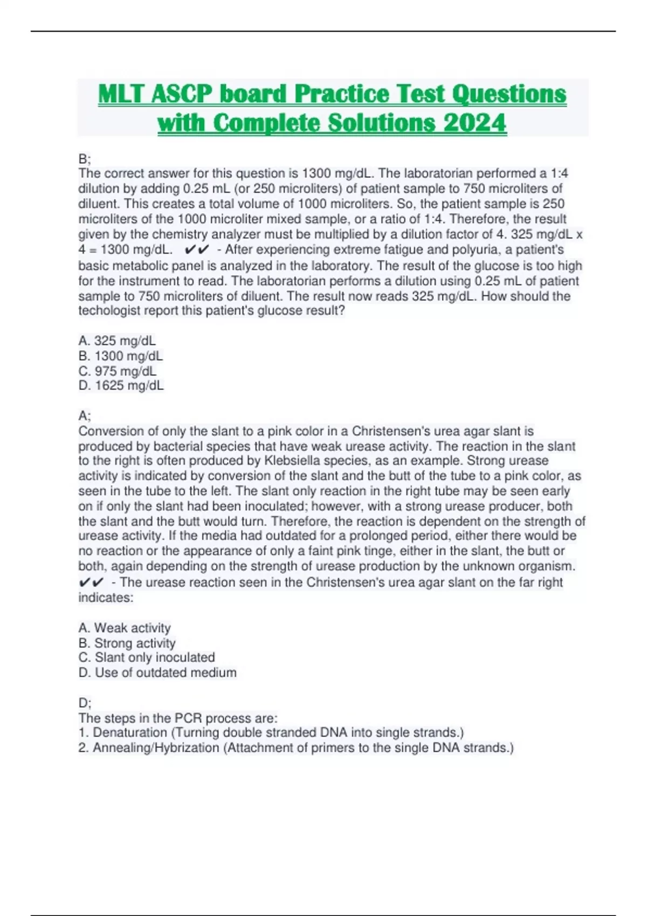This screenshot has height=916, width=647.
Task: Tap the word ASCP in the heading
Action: point(182,94)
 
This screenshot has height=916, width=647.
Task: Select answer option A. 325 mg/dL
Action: point(117,341)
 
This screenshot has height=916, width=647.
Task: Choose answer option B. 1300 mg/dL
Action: point(120,356)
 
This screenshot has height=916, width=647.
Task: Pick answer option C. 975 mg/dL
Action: point(118,371)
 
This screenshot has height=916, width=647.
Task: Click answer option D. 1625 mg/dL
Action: point(121,385)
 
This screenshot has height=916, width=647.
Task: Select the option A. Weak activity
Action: point(125,628)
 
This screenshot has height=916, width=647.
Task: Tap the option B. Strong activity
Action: point(127,643)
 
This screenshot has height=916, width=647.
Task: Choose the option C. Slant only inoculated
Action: point(147,657)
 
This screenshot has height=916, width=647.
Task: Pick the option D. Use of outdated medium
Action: point(157,672)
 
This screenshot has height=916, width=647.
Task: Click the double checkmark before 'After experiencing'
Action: point(196,249)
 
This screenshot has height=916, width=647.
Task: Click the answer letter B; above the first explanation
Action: point(85,159)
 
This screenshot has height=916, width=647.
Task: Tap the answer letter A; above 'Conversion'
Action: point(85,416)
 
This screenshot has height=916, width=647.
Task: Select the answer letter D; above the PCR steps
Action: point(85,703)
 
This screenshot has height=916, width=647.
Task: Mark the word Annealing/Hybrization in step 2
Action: point(156,748)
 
